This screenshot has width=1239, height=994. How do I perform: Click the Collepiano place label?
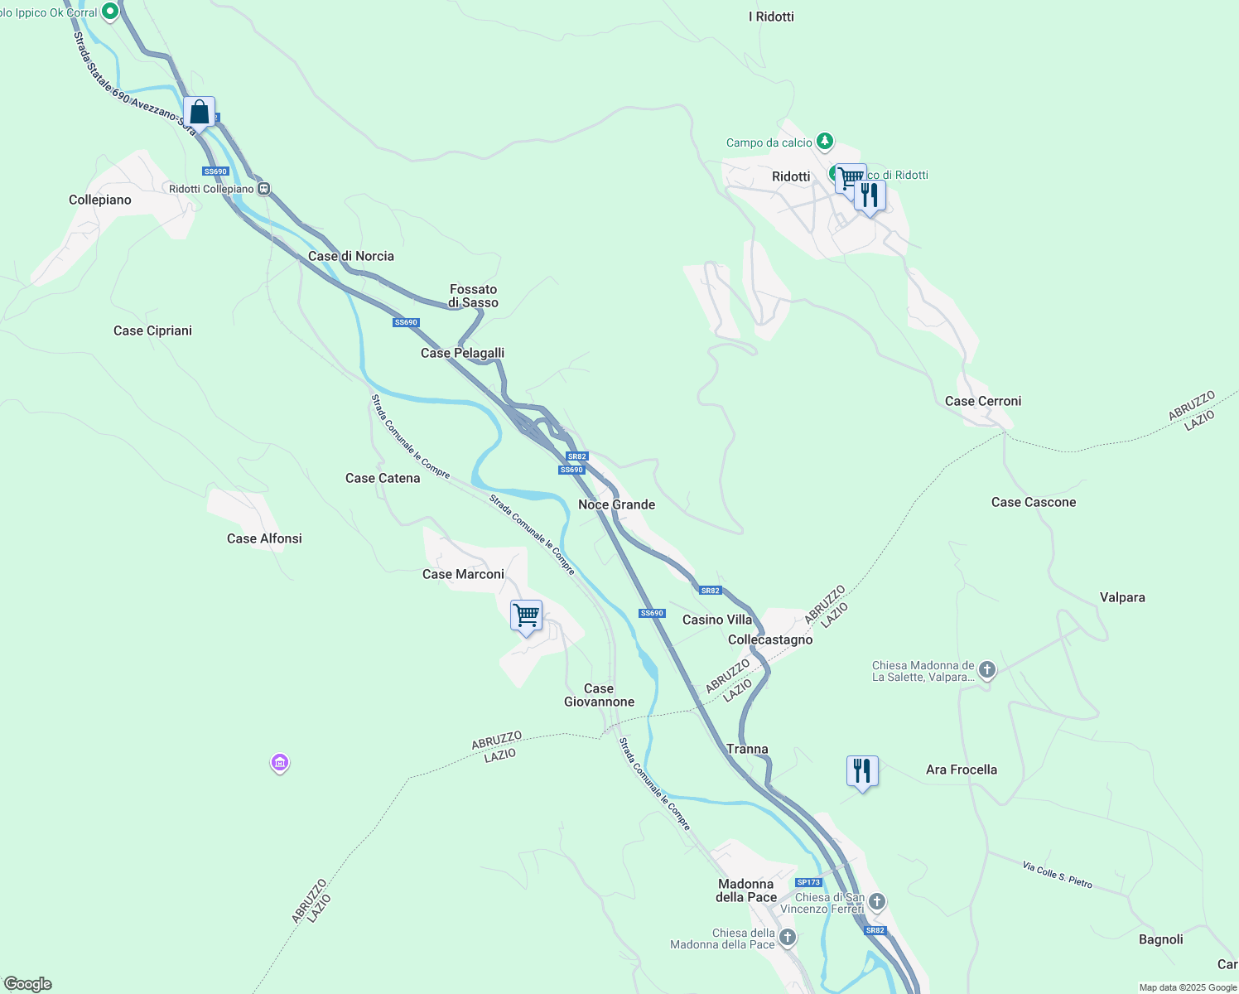coord(100,200)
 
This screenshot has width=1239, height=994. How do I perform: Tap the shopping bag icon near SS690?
coord(199,112)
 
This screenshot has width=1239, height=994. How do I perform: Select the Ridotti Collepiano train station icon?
coord(263,189)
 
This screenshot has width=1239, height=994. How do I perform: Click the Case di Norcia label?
coord(351,256)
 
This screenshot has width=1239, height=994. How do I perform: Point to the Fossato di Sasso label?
coord(474,296)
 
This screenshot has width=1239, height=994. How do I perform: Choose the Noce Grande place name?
coord(616,504)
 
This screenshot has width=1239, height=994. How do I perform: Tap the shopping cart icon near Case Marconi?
coord(526,615)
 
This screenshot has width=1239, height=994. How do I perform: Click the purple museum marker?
coord(280,762)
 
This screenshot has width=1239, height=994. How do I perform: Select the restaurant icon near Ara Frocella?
coord(862,771)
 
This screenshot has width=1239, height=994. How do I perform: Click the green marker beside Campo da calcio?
coord(824,142)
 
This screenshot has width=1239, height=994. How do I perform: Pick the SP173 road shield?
coord(808,882)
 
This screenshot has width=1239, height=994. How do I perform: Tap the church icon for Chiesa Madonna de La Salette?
coord(986,670)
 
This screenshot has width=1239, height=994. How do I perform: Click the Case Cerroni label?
coord(983,401)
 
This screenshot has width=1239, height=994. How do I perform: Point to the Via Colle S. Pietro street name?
coord(1058,875)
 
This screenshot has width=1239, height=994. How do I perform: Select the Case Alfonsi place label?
coord(264,538)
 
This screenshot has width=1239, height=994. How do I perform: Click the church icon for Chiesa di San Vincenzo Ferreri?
coord(877,901)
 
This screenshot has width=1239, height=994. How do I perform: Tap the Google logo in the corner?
coord(28,984)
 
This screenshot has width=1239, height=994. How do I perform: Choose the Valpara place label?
coord(1122,597)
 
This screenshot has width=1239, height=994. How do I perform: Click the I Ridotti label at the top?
coord(771,17)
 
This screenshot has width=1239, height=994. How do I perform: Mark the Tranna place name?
coord(747,749)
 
